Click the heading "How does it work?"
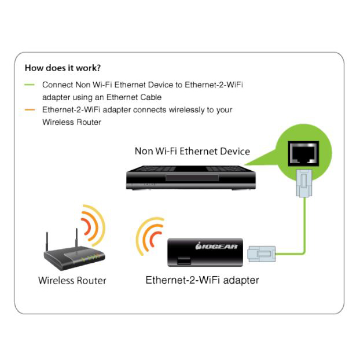pos(63,68)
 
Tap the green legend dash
pos(30,85)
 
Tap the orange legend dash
pos(30,110)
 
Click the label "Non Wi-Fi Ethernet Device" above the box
pos(192,151)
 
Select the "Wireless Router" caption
pos(72,281)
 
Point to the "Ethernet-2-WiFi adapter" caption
pos(202,280)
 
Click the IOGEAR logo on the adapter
pos(216,247)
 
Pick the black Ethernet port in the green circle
pos(303,153)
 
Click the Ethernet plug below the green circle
pos(304,183)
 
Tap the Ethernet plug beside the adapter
pos(261,254)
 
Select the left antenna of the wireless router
pos(47,242)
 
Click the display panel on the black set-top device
pos(192,178)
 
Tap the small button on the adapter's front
pos(184,261)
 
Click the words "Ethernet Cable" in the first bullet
pos(134,97)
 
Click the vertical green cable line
pos(305,225)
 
